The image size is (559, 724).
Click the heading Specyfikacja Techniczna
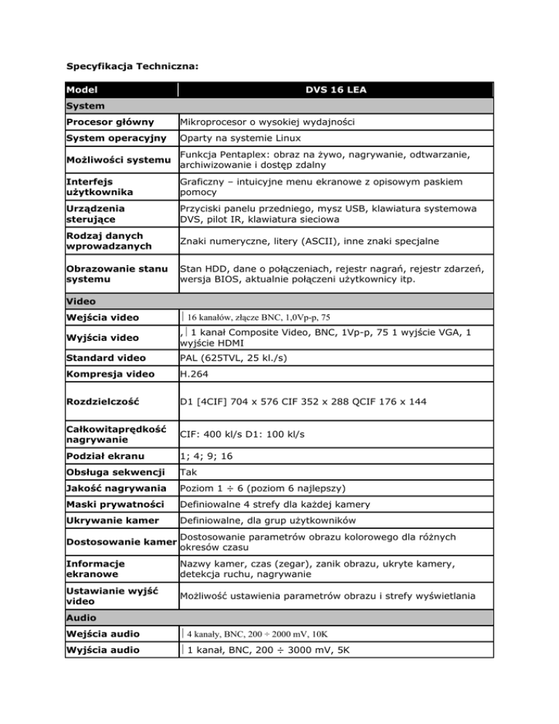(x=133, y=66)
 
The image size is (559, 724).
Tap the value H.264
(x=194, y=374)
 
